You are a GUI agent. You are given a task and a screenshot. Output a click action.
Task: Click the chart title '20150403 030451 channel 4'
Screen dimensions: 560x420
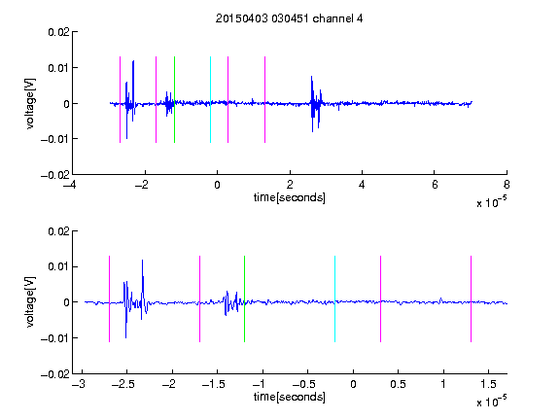point(289,18)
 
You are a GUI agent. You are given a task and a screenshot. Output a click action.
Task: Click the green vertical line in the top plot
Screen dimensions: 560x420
point(174,99)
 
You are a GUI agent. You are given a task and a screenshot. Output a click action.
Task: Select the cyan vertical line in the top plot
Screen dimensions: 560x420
point(210,99)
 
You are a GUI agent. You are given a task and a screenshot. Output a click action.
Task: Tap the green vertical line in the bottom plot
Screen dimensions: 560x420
point(244,298)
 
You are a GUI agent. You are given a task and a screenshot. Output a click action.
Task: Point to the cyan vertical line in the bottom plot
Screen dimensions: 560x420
point(334,298)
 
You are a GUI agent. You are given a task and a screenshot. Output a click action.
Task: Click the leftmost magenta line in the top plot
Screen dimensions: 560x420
point(120,99)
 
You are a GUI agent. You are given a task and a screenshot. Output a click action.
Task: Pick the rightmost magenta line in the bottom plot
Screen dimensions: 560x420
point(471,298)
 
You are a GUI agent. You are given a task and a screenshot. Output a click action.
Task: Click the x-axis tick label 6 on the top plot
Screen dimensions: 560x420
point(435,185)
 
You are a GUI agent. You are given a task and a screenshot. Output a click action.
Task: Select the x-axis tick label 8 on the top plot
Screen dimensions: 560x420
point(507,185)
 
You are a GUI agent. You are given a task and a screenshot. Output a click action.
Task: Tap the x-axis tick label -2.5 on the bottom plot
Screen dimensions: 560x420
point(122,384)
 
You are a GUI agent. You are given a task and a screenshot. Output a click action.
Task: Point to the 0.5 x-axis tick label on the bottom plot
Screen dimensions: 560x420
point(398,384)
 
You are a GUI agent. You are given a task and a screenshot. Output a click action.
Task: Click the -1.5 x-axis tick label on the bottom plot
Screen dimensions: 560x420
point(213,384)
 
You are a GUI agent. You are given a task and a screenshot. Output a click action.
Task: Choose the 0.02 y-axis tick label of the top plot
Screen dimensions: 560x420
point(58,32)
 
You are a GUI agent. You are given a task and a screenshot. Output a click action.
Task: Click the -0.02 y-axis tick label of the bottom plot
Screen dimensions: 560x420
point(55,374)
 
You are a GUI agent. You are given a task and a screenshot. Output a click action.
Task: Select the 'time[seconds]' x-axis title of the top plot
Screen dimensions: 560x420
point(290,197)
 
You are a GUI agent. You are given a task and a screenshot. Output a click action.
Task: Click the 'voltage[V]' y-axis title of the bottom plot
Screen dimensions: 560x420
point(30,301)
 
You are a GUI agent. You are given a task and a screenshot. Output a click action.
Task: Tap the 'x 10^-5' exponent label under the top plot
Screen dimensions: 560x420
point(491,202)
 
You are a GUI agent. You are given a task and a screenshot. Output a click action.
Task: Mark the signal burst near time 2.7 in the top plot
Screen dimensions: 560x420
point(316,104)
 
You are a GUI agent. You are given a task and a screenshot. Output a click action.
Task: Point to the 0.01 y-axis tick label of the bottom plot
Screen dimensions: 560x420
point(58,266)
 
